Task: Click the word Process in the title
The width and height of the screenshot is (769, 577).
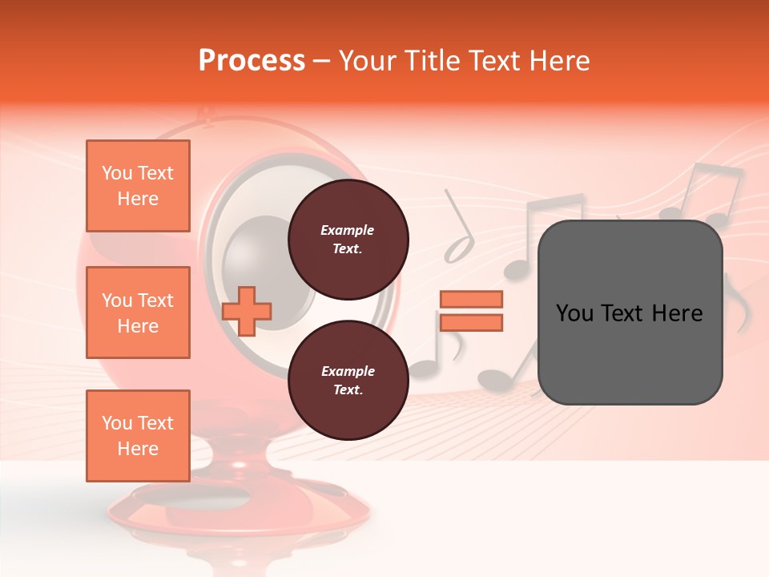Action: pyautogui.click(x=252, y=61)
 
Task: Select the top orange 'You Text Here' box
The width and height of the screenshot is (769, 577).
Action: pyautogui.click(x=138, y=186)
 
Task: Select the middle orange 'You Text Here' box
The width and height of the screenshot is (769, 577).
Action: pyautogui.click(x=138, y=313)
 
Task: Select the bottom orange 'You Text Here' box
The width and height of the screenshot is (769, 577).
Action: pyautogui.click(x=138, y=435)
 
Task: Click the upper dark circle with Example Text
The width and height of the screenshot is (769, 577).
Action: pyautogui.click(x=348, y=239)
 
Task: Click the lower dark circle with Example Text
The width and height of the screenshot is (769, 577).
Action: pyautogui.click(x=348, y=381)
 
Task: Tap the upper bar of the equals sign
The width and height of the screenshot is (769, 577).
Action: pyautogui.click(x=471, y=299)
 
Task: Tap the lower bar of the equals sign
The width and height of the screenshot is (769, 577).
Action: pyautogui.click(x=471, y=322)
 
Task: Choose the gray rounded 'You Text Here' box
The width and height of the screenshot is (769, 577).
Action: pyautogui.click(x=630, y=312)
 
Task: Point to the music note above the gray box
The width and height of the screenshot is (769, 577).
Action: pyautogui.click(x=709, y=192)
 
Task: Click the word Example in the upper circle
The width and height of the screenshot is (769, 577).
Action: pyautogui.click(x=347, y=230)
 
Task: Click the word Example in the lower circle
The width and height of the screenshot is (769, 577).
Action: pyautogui.click(x=347, y=371)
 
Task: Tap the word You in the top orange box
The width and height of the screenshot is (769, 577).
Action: pyautogui.click(x=116, y=173)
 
